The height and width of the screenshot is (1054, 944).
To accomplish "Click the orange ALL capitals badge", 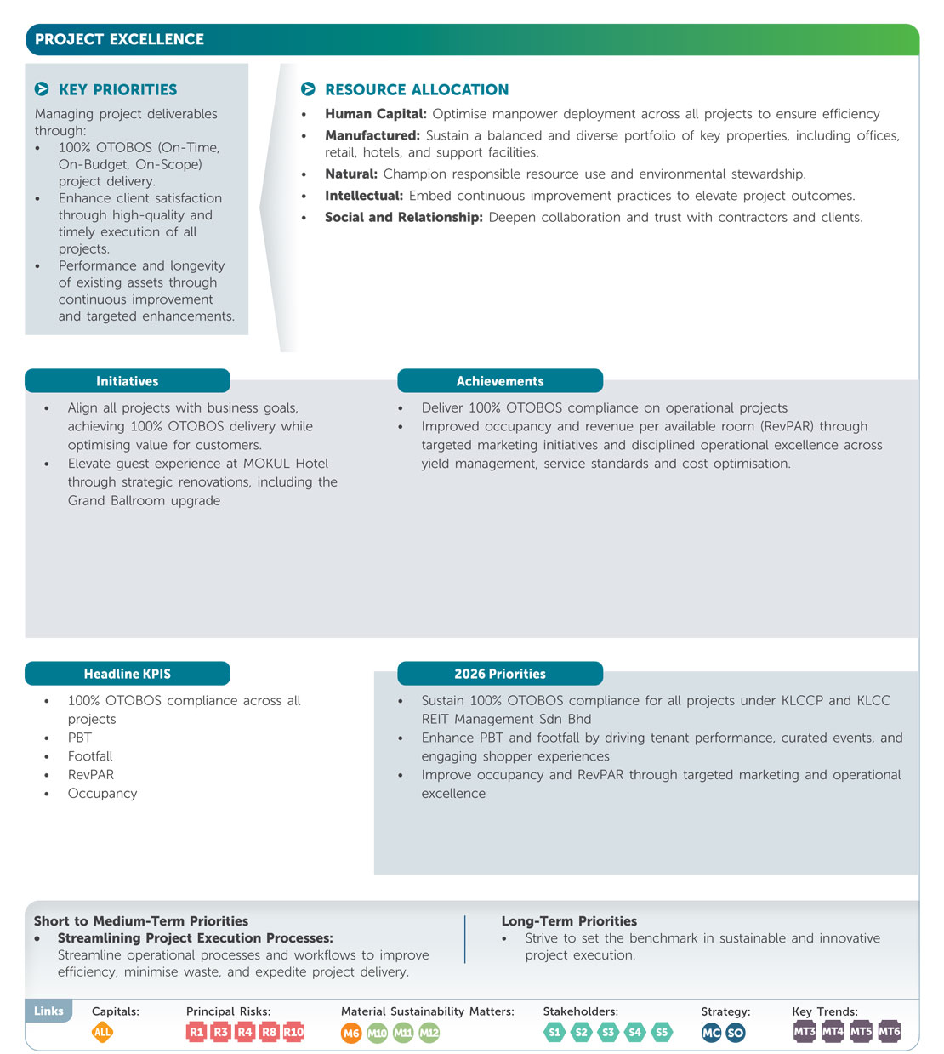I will pos(102,1032).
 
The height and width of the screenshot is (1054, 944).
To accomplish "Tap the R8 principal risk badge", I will pos(269,1032).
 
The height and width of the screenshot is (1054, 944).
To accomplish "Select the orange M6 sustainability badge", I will pos(351,1033).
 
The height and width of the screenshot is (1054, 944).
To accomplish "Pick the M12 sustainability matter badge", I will pos(429,1033).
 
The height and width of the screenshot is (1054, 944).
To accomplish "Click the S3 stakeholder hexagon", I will pos(608,1032).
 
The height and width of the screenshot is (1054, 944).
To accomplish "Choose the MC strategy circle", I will pos(711,1033).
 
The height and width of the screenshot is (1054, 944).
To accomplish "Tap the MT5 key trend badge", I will pos(861,1031).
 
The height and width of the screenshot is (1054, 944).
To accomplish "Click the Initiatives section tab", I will pos(128,381).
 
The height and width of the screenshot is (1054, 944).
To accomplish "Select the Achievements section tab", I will pos(500,381).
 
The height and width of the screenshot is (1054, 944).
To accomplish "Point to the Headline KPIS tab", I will pos(128,674).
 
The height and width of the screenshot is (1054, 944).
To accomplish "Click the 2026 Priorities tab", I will pos(500,674).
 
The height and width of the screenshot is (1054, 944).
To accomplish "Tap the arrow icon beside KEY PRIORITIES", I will pos(42,89).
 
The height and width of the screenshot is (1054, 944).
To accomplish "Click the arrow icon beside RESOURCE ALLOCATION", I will pos(308,89).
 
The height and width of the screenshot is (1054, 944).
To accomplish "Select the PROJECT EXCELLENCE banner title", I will pos(120,39).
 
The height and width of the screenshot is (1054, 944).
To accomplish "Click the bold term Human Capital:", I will pos(375,114).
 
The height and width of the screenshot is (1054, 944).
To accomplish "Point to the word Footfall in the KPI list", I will pos(90,756).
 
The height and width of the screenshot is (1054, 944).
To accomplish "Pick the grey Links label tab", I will pos(48,1011).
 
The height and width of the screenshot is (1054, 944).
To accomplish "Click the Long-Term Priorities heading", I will pos(569,921).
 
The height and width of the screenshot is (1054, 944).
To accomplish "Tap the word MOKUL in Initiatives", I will pos(266,464).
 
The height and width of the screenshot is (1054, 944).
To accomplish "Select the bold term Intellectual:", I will pos(363,196).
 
